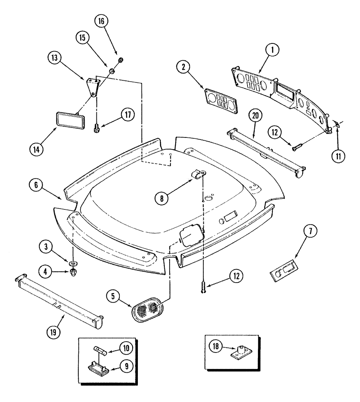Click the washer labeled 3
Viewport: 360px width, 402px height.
(73, 263)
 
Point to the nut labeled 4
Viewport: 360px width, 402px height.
(74, 273)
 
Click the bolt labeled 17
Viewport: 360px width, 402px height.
(96, 128)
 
